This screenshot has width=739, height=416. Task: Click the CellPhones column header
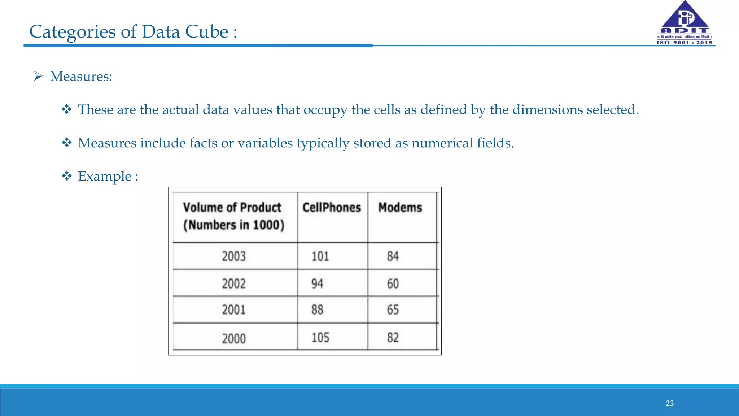(x=332, y=208)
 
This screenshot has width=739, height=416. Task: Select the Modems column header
(x=400, y=208)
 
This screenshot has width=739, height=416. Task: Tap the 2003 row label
(x=234, y=256)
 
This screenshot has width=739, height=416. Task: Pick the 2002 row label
(x=234, y=284)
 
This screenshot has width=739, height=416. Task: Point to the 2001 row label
(x=234, y=310)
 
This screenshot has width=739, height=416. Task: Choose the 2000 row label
(x=234, y=339)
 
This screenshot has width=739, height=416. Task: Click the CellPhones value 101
(x=320, y=256)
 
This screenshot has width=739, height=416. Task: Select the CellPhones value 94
(x=317, y=284)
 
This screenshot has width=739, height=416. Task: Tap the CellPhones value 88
(x=317, y=310)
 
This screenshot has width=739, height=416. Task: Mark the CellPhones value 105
(x=320, y=338)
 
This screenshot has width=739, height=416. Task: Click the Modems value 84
(x=393, y=256)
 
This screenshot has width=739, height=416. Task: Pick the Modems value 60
(x=393, y=284)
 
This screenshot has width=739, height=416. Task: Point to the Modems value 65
(x=393, y=310)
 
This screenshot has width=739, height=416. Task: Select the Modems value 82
(x=393, y=338)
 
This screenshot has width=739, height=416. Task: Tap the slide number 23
(x=670, y=403)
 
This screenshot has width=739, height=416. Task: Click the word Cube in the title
(x=206, y=32)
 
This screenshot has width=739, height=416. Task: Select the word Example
(x=105, y=177)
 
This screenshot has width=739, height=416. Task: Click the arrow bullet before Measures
(x=38, y=76)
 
